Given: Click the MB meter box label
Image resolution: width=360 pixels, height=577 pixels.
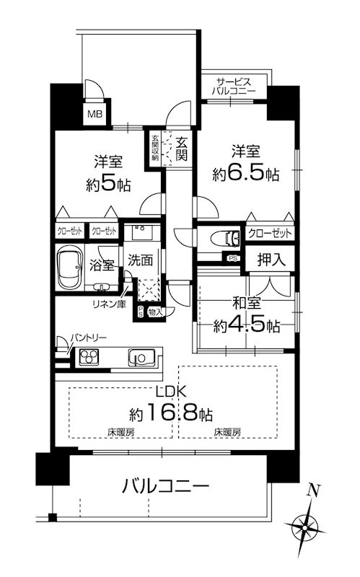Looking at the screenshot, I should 95,113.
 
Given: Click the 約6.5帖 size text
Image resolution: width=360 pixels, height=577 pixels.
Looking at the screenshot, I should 245,174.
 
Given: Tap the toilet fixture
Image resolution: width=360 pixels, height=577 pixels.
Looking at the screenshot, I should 224,237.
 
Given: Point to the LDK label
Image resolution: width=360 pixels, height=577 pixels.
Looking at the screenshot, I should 173,392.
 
